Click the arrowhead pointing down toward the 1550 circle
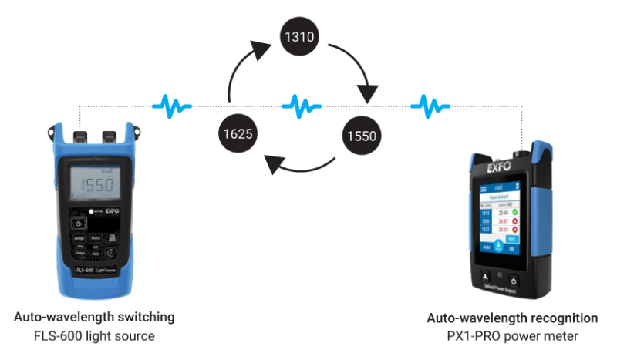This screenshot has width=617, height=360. [x=369, y=93]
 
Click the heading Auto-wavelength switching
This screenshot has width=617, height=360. [x=94, y=317]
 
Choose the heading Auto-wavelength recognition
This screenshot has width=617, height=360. [x=512, y=318]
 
